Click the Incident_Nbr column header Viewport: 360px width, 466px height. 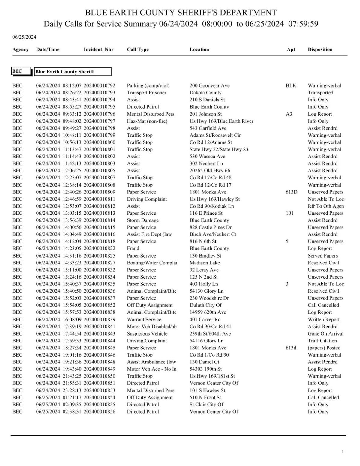tap(98, 49)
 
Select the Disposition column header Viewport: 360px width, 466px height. tap(320, 49)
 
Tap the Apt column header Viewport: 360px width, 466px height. tap(291, 49)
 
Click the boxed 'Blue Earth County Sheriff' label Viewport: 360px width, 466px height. tap(73, 72)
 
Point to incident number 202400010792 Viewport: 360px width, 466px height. tap(99, 85)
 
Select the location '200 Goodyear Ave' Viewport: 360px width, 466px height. tap(209, 85)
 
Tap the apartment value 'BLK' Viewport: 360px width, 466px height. tap(291, 85)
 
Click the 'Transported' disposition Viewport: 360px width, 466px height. tap(320, 93)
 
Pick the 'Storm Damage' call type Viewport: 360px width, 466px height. tap(143, 220)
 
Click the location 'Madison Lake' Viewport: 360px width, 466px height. tap(205, 263)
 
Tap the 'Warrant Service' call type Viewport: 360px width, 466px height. tap(144, 319)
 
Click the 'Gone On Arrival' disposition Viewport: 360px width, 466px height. tap(325, 333)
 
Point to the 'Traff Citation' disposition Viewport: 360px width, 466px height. tap(322, 341)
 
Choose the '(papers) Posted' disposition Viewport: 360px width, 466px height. tap(324, 348)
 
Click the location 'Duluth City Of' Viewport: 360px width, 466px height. tap(205, 305)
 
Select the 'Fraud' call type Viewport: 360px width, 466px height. tap(133, 248)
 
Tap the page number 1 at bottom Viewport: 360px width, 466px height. tap(343, 452)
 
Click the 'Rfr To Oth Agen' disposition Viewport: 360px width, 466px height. tap(325, 206)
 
